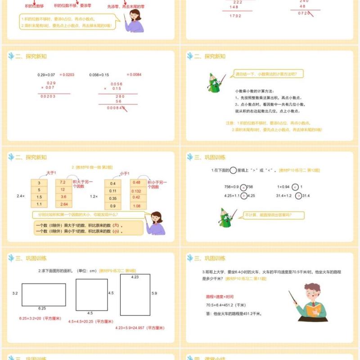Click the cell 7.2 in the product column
tap(63, 183)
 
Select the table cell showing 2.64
tap(63, 204)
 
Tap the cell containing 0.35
tap(112, 198)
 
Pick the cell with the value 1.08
tap(137, 206)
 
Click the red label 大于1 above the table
tap(51, 173)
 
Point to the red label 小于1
tap(125, 173)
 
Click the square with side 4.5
tap(91, 294)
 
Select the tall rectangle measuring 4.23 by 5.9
tap(135, 295)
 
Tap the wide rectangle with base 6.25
tap(44, 294)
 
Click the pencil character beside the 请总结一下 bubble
tap(215, 83)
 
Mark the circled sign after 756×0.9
tap(243, 187)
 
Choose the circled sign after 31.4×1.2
tap(299, 196)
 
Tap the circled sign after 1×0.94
tap(295, 187)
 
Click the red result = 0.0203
tap(67, 74)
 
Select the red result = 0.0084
tap(134, 74)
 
